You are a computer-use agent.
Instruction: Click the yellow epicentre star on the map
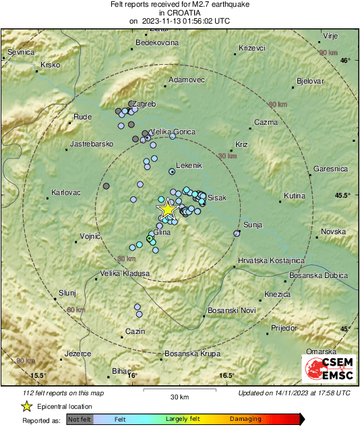(167, 210)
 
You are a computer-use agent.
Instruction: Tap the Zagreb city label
(146, 104)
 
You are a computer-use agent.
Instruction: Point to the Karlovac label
(66, 192)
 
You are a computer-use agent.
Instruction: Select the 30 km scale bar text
(179, 396)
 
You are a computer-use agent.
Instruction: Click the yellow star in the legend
(26, 406)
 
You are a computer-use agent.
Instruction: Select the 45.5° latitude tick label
(342, 195)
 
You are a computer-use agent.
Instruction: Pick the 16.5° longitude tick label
(226, 376)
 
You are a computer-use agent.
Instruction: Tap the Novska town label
(332, 231)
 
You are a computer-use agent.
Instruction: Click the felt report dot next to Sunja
(237, 233)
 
